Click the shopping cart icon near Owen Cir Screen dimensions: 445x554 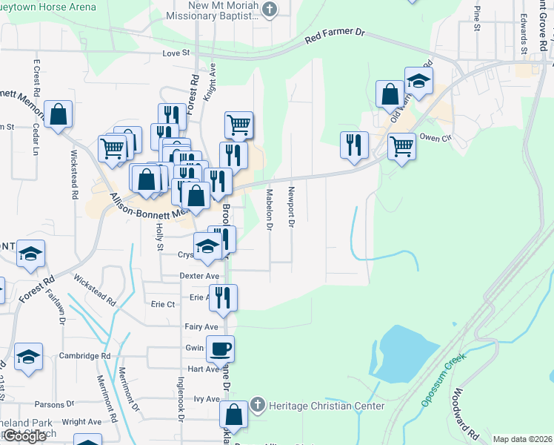(401, 146)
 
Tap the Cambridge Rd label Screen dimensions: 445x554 (85, 356)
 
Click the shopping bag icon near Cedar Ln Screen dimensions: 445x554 (58, 115)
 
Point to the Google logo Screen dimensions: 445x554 (24, 436)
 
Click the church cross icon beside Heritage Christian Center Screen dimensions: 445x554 (257, 406)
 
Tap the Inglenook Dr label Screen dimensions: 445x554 (180, 400)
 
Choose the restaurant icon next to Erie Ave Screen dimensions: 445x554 (223, 298)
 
